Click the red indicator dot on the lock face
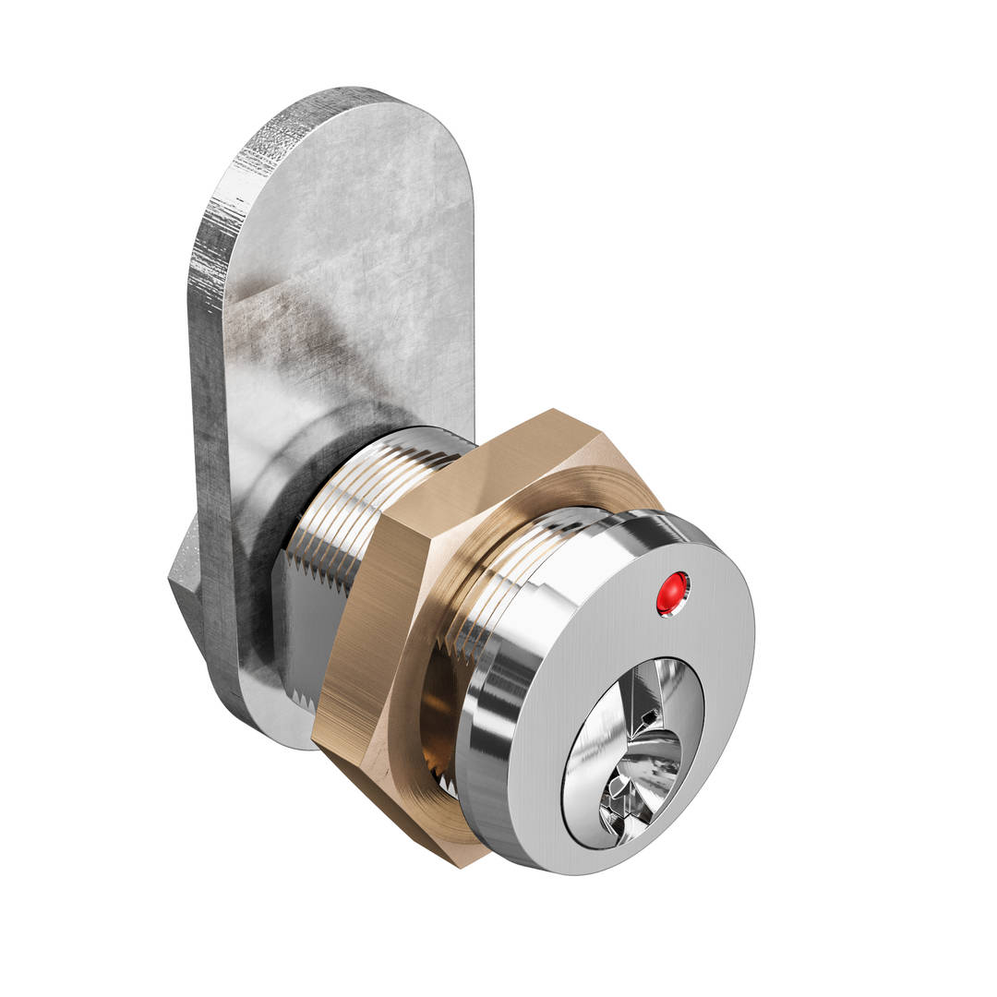pos(672,593)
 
